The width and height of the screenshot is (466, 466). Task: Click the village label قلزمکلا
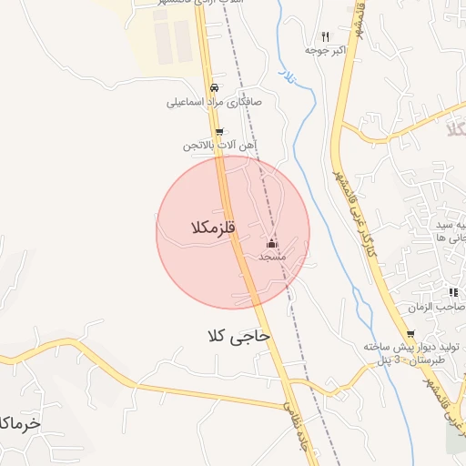pyautogui.click(x=214, y=228)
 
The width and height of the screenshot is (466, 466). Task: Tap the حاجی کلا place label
pyautogui.click(x=239, y=336)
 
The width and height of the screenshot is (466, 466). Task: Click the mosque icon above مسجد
pyautogui.click(x=271, y=244)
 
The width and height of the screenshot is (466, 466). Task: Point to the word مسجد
pyautogui.click(x=272, y=258)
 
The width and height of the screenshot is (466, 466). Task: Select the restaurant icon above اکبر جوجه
pyautogui.click(x=325, y=36)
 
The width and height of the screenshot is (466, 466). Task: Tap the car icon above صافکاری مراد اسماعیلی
pyautogui.click(x=214, y=88)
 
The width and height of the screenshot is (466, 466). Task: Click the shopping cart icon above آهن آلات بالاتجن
pyautogui.click(x=218, y=132)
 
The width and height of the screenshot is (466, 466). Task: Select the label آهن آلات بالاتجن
pyautogui.click(x=219, y=146)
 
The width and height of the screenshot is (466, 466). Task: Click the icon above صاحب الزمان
pyautogui.click(x=452, y=292)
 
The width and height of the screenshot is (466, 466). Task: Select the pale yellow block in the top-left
pyautogui.click(x=173, y=36)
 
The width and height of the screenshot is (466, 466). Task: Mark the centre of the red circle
pyautogui.click(x=233, y=232)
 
